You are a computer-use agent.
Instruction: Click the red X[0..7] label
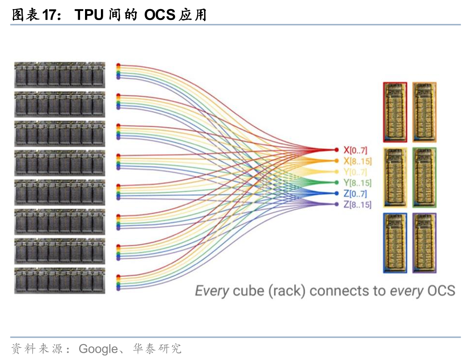point(355,150)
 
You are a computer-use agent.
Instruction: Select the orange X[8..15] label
point(357,161)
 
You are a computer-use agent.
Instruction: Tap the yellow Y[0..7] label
point(355,172)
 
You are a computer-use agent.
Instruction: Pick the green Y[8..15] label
point(357,183)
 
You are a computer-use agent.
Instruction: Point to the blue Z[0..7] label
point(355,194)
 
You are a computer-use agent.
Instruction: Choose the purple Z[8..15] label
point(357,205)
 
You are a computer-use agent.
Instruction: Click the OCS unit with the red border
point(395,112)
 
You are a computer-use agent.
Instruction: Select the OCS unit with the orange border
point(424,112)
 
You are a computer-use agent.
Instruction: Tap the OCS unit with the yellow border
point(395,177)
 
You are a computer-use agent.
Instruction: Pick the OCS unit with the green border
point(424,177)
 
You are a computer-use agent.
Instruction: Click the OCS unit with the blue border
point(395,243)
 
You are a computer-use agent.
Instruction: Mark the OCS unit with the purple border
point(424,243)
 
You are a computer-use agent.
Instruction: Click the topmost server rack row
point(60,75)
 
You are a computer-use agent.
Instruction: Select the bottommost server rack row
point(60,280)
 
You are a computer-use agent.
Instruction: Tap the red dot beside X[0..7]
point(336,150)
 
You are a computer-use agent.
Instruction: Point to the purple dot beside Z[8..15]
point(336,205)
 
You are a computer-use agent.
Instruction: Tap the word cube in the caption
point(248,290)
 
